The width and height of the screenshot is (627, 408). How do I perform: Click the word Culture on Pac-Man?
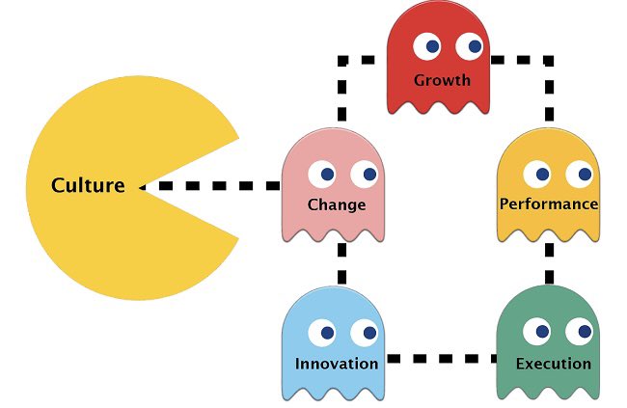point(88,185)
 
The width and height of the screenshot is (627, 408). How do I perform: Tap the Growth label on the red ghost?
point(442,79)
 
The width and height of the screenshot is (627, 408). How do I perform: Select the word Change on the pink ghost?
point(336,204)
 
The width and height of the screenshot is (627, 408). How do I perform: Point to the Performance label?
point(549,204)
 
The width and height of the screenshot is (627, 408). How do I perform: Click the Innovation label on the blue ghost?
point(337,364)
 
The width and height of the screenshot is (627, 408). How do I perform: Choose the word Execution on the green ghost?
point(554,364)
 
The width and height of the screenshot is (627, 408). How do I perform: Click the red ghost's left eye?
point(427,44)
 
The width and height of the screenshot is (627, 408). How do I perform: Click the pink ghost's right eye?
point(365,174)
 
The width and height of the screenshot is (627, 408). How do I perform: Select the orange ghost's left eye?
point(537,174)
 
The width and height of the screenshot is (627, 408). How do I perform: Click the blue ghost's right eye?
point(365,333)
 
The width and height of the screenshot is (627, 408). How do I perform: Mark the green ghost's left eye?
point(537,333)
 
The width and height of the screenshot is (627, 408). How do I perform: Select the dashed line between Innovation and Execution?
point(439,359)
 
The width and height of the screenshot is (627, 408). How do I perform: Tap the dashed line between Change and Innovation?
point(341,262)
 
